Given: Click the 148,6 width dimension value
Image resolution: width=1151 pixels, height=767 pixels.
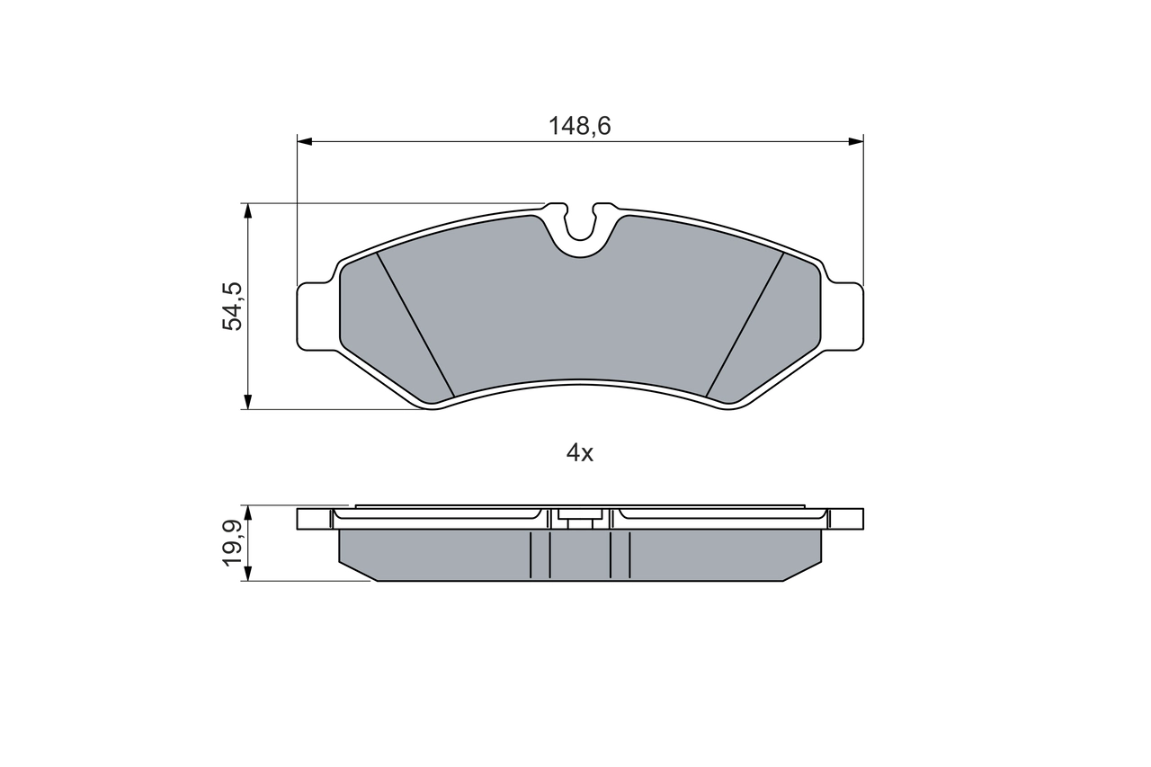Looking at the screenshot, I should (x=580, y=127).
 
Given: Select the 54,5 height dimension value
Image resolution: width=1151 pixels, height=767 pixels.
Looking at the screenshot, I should (x=232, y=306).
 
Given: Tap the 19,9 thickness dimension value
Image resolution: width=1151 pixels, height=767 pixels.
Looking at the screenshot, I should (x=232, y=543).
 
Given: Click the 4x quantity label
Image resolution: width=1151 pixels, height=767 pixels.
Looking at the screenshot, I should (x=580, y=454).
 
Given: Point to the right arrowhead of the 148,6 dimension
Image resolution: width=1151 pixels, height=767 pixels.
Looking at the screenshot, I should (x=856, y=141).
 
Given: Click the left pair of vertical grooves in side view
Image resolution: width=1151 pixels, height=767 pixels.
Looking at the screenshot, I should (x=540, y=554).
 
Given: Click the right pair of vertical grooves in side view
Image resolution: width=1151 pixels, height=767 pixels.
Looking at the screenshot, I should (x=620, y=554).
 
